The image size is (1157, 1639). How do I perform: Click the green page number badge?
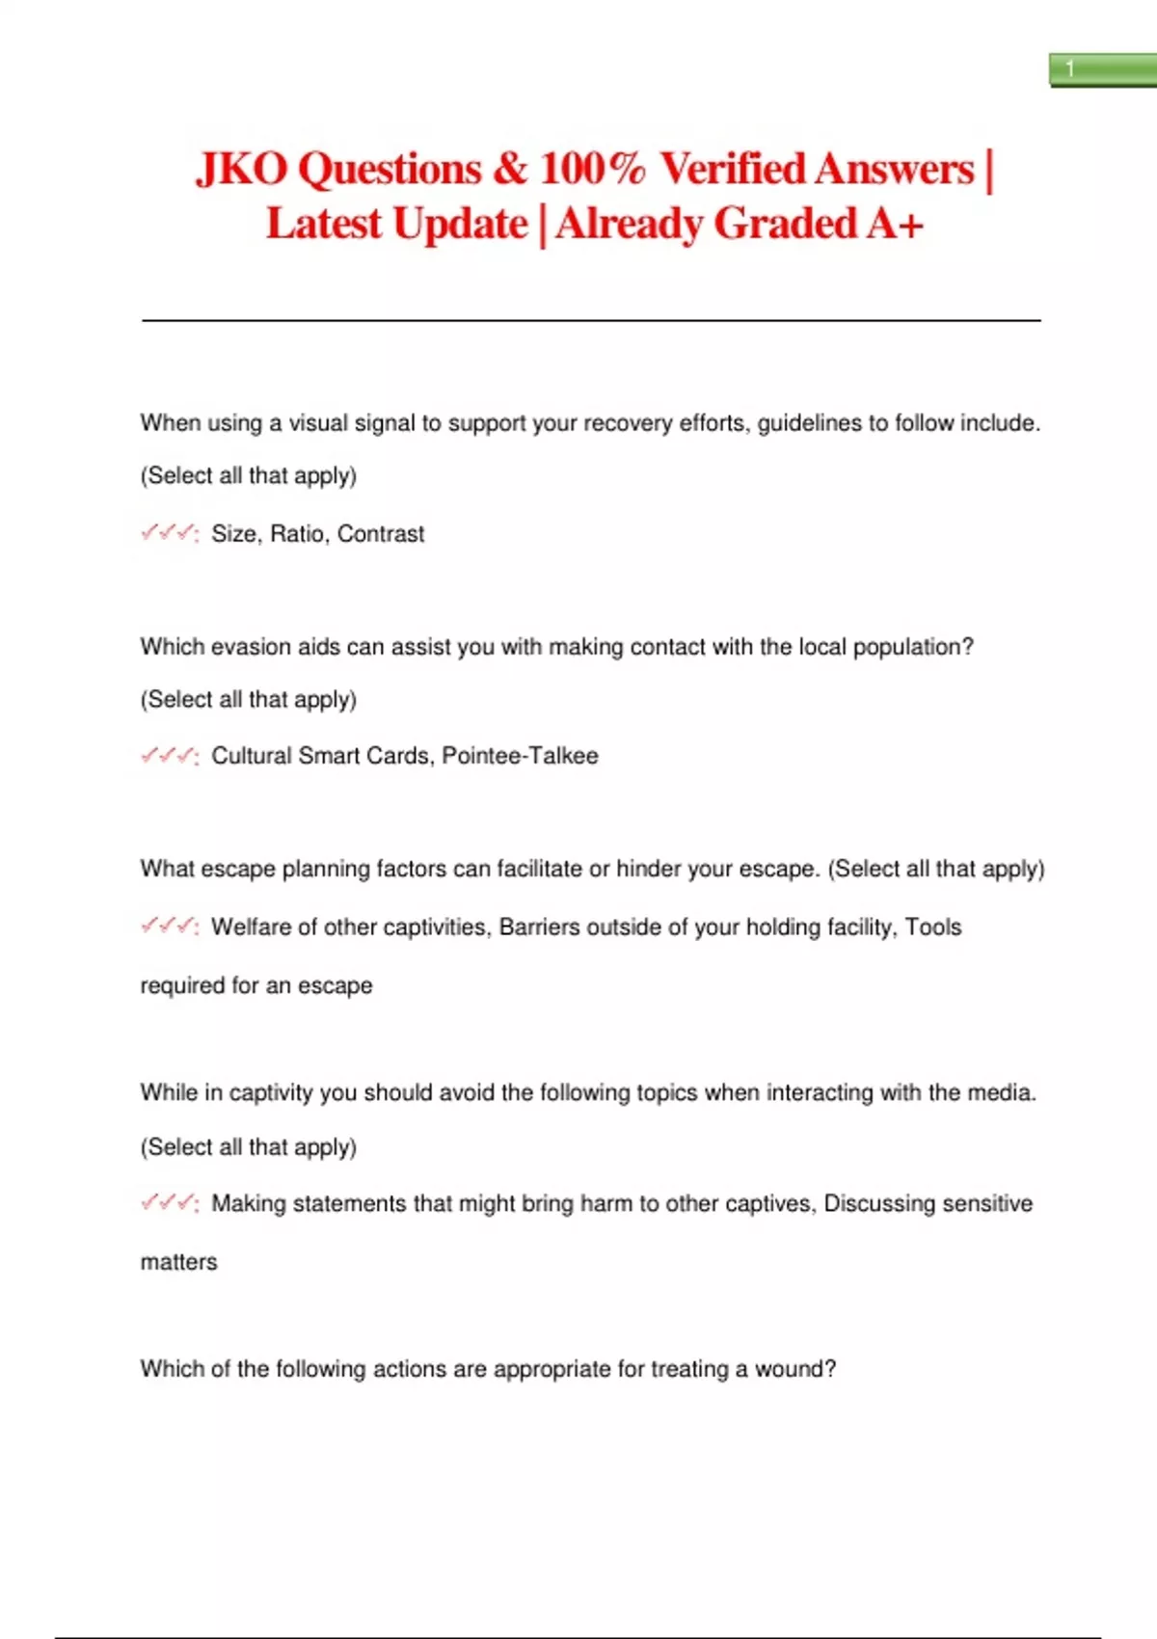[1102, 70]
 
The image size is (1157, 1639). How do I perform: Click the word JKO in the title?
[241, 170]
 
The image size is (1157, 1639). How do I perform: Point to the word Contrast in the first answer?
[381, 534]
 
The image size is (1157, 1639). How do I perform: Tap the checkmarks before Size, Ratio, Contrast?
[169, 533]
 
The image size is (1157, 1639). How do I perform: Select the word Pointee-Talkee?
[520, 756]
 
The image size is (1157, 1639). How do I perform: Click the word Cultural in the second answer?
[251, 756]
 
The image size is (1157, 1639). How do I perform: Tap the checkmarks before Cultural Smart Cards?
[169, 756]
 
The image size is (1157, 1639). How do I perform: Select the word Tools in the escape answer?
[933, 927]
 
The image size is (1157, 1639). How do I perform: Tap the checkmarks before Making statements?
[169, 1203]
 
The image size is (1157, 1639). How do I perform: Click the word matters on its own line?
[179, 1262]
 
